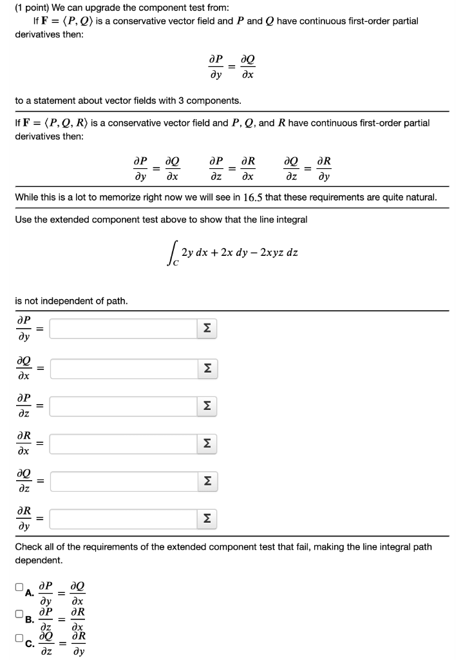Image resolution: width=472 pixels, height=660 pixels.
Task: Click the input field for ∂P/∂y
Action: coord(122,329)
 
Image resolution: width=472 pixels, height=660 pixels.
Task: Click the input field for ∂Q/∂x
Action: coord(122,367)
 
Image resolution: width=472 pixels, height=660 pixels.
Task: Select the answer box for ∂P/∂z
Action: coord(122,405)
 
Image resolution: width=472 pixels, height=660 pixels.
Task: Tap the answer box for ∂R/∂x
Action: coord(122,443)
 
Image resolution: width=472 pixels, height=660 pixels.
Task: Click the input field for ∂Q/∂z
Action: coord(122,480)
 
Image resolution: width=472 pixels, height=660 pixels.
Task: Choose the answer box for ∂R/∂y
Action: coord(122,518)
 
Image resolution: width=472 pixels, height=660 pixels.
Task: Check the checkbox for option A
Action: coord(19,587)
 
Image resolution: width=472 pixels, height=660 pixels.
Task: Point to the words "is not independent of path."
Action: coord(71,300)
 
